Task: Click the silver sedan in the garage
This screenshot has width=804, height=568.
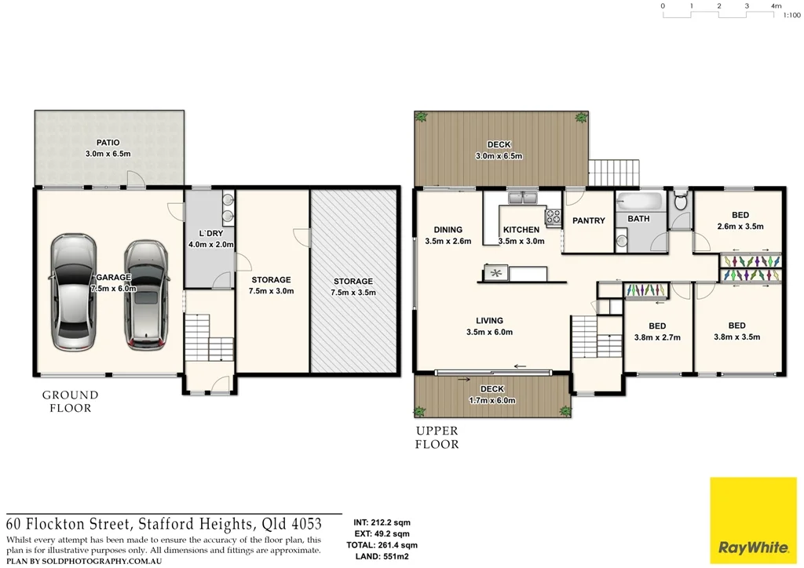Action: coord(73,294)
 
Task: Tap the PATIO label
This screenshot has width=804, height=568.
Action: coord(108,143)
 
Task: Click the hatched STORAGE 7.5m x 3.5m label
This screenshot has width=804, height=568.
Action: coord(353,286)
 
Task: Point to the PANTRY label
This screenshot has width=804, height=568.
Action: coord(589,220)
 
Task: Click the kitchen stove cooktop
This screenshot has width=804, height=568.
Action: coord(554,215)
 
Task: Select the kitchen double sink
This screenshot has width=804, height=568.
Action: coord(521,197)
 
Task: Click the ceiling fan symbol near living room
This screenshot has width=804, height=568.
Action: coord(495,273)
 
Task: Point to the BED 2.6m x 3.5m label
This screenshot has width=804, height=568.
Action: coord(740,220)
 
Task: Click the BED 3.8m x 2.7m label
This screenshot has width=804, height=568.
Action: coord(657,332)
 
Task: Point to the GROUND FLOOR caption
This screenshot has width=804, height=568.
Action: coord(70,401)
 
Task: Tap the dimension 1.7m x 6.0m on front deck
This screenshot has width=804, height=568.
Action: coord(492,400)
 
